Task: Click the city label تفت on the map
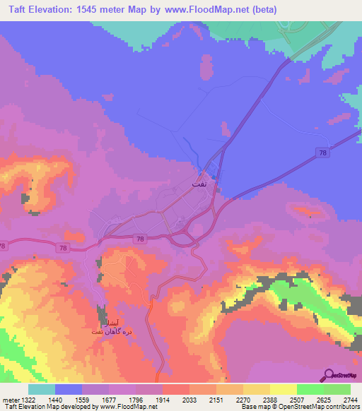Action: [199, 182]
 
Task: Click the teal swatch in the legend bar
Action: [42, 389]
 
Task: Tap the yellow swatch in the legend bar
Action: [256, 389]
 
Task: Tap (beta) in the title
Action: [262, 10]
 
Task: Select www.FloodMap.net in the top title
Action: [207, 10]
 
